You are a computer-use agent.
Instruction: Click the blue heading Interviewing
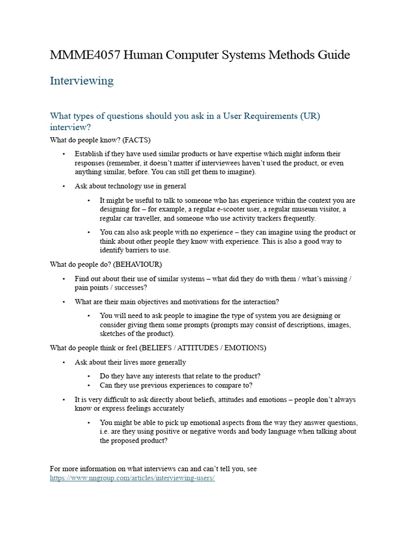click(82, 81)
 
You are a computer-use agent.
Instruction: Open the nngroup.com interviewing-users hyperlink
click(132, 478)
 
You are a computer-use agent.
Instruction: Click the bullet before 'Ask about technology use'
click(63, 186)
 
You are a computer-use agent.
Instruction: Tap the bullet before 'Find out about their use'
click(63, 279)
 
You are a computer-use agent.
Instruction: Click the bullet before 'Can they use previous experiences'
click(88, 385)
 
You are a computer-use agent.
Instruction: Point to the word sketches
click(113, 334)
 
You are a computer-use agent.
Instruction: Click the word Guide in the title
click(332, 55)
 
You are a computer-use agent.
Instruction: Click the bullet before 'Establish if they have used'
click(63, 154)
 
